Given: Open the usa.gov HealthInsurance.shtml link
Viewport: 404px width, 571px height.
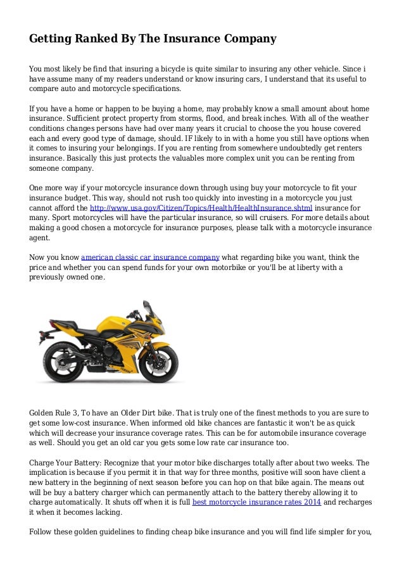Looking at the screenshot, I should [x=201, y=207].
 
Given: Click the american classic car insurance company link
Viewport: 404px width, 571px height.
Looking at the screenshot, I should [x=150, y=257].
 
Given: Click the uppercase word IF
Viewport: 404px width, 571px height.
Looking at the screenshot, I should [x=174, y=138].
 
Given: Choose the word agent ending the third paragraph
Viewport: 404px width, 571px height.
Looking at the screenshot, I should [x=39, y=237].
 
